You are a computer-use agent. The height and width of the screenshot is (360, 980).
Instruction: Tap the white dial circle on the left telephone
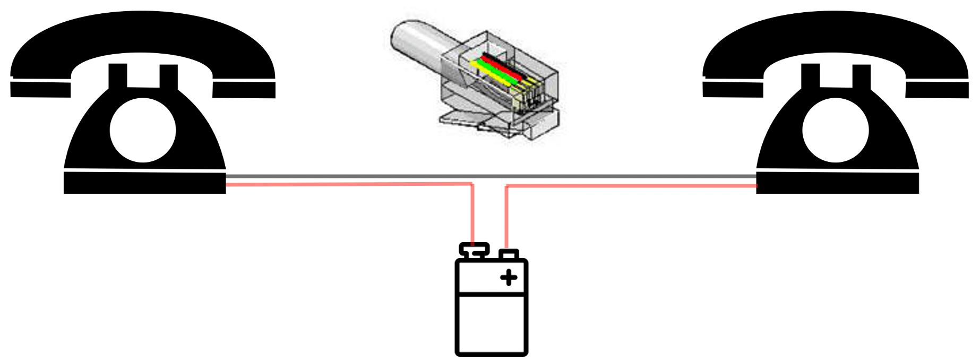[143, 130]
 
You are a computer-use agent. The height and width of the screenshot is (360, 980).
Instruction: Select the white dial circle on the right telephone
[836, 130]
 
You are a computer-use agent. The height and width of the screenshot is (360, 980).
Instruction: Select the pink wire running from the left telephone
[345, 184]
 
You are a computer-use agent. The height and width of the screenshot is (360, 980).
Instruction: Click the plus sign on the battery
[509, 277]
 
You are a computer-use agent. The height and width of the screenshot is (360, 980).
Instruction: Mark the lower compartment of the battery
[491, 324]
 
